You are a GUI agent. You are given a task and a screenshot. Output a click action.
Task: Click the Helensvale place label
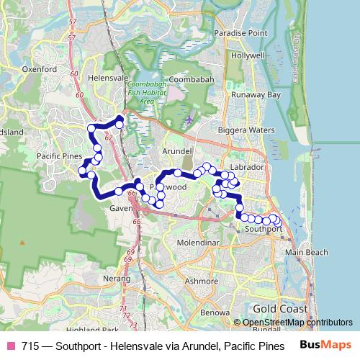pyautogui.click(x=107, y=78)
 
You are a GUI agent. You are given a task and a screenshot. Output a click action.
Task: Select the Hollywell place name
pyautogui.click(x=248, y=55)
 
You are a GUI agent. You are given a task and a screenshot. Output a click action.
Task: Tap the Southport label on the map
pyautogui.click(x=264, y=229)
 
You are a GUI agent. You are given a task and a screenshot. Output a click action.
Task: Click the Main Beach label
pyautogui.click(x=307, y=253)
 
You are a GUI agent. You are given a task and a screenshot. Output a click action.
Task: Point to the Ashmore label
pyautogui.click(x=201, y=281)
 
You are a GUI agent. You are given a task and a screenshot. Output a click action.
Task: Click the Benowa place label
pyautogui.click(x=215, y=312)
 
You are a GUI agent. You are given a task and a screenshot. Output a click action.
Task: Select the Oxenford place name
pyautogui.click(x=40, y=69)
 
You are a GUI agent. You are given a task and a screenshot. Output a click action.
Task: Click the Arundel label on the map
pyautogui.click(x=178, y=151)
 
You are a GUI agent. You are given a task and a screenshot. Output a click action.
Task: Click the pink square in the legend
pyautogui.click(x=11, y=346)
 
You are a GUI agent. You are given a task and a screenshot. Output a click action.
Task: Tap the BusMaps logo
pyautogui.click(x=325, y=345)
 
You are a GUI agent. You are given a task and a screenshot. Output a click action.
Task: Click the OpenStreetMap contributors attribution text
pyautogui.click(x=297, y=323)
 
